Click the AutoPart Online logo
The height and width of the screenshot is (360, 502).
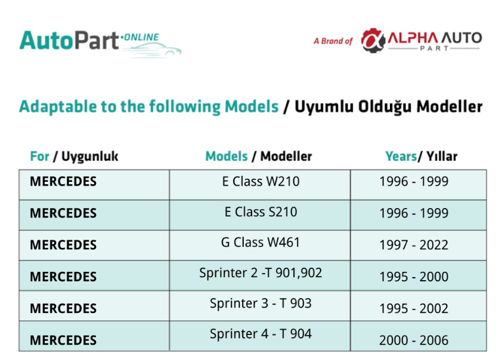(x=100, y=44)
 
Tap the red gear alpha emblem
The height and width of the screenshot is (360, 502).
(x=373, y=41)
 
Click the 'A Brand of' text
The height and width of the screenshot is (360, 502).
(x=333, y=41)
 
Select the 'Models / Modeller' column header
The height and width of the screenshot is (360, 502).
(x=259, y=157)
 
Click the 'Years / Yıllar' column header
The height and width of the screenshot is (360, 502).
(x=422, y=157)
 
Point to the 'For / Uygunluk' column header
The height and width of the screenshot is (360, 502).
(x=74, y=157)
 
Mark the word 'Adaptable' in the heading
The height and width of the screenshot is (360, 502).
(x=58, y=107)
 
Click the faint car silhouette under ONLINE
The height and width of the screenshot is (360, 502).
(x=153, y=51)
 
